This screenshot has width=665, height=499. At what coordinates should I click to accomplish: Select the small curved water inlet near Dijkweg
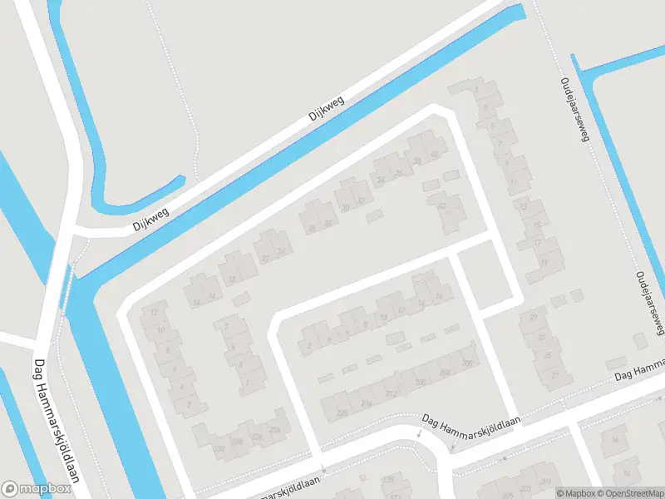coord(141,195)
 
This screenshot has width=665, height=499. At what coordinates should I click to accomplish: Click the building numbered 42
coord(441,205)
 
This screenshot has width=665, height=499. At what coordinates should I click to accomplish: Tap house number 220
coord(341,412)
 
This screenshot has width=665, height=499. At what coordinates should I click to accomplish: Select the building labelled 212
coord(392,393)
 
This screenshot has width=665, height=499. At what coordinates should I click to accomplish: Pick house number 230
coord(219,449)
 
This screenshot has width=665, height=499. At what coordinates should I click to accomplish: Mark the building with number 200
coord(467,363)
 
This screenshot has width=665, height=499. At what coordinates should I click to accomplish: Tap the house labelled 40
coord(434,155)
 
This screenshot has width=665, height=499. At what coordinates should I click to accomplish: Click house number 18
coord(232,279)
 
